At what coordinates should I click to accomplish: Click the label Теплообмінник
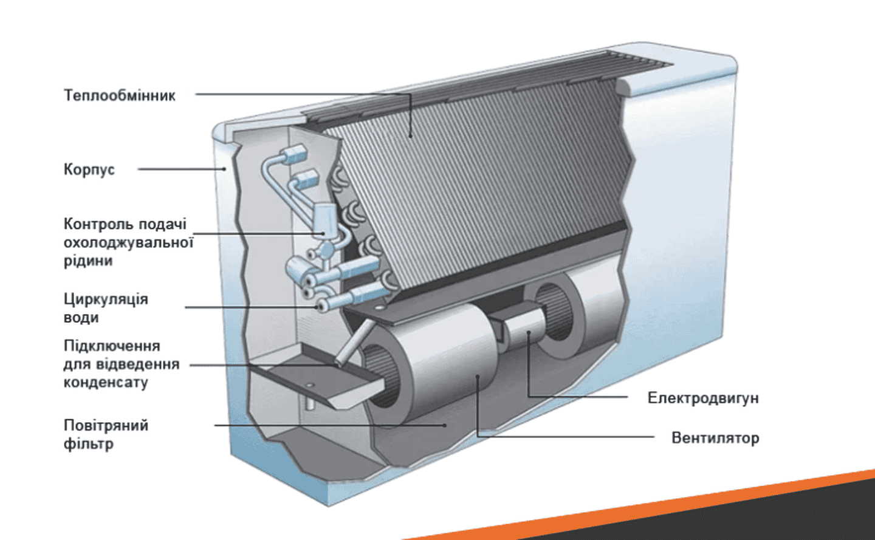(119, 95)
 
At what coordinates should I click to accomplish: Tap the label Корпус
(89, 169)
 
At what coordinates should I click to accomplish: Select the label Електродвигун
(702, 398)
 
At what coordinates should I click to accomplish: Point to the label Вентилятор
(715, 438)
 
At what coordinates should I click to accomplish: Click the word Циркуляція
(106, 299)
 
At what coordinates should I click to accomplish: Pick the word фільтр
(88, 444)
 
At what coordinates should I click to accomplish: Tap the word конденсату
(106, 383)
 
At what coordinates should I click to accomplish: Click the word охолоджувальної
(128, 242)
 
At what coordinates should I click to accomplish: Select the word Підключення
(112, 346)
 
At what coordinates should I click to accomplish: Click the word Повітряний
(106, 425)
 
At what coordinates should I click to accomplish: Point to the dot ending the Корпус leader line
(224, 169)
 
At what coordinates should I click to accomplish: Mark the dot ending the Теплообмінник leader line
(411, 135)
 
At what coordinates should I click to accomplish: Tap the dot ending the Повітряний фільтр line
(445, 425)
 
